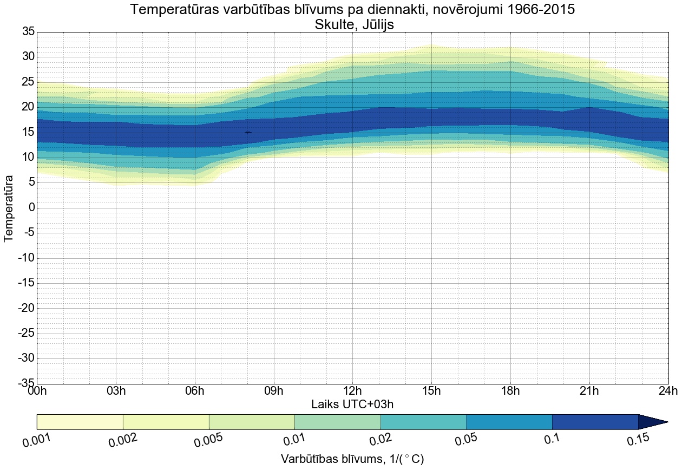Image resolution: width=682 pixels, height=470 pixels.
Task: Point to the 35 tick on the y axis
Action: coord(28,32)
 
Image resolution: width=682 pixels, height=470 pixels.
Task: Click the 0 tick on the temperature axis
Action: coord(31,208)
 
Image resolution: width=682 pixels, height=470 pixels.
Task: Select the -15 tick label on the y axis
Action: coord(26,283)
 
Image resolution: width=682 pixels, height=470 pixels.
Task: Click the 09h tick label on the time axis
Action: coord(273,391)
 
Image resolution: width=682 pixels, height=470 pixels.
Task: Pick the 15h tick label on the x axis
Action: coord(431,391)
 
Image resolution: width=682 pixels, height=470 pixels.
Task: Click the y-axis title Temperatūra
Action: coord(9,208)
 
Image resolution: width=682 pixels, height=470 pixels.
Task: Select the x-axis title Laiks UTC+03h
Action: coord(352,404)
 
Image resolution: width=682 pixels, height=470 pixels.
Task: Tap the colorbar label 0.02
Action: coord(381,442)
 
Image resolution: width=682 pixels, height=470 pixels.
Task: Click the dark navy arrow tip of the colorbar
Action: coord(655,422)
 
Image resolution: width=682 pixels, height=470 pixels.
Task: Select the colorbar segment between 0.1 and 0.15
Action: coord(595,422)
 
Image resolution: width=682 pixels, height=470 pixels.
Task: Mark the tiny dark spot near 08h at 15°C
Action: coord(248,132)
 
